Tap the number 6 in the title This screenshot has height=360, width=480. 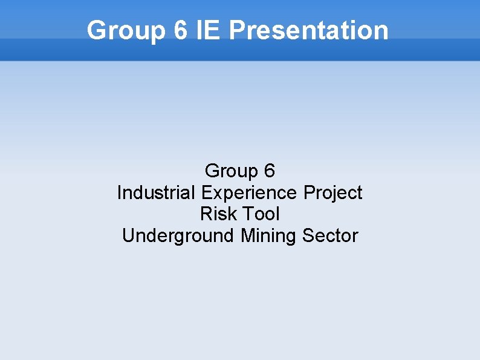tap(180, 30)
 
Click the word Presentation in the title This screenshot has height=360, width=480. tap(308, 30)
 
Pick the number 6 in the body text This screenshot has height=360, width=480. tap(270, 171)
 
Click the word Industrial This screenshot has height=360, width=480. tap(156, 193)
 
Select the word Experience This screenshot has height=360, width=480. tap(249, 193)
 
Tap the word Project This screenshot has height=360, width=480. tap(333, 193)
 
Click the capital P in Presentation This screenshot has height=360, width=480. tap(238, 30)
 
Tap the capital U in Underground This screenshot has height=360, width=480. tap(128, 235)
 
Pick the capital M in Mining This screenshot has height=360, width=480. tap(247, 235)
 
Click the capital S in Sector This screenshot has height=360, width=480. tap(308, 235)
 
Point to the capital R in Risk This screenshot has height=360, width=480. tap(205, 214)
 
